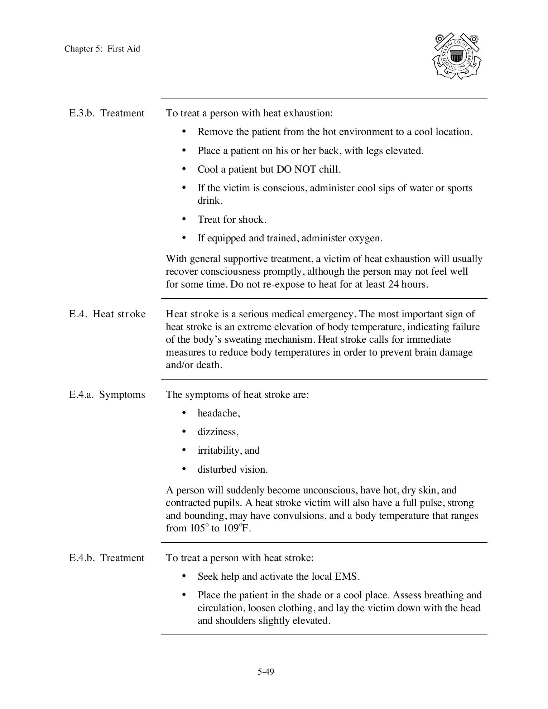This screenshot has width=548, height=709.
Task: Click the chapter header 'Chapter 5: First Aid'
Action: pos(102,49)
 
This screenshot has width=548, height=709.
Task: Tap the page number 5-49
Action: pos(265,672)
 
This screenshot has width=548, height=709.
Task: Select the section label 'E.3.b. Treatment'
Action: pos(106,113)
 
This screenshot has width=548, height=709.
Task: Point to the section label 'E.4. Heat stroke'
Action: pos(107,314)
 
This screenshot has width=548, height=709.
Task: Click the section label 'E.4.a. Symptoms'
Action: pos(107,395)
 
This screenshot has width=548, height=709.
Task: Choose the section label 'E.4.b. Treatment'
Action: pos(106,558)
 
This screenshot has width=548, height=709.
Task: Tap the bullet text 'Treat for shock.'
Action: pos(232,220)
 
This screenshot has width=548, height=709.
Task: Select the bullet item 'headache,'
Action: pos(218,413)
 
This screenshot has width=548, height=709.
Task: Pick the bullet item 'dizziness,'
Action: pos(218,432)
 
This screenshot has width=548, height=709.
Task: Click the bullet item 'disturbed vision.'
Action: pos(232,469)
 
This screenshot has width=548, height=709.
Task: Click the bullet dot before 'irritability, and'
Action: pos(184,450)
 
